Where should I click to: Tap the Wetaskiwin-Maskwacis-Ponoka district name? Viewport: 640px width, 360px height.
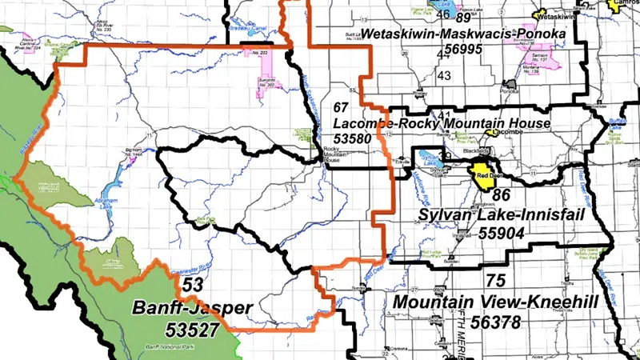coord(463,34)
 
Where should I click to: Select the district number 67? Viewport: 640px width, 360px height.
coord(342,107)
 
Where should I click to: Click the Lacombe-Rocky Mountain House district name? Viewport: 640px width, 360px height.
coord(442,123)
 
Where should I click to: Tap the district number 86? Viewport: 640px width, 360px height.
coord(502,194)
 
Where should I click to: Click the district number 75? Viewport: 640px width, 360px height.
coord(495,281)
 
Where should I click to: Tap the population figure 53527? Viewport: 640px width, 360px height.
coord(192,328)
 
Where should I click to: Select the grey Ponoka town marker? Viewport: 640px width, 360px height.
coord(506,83)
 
